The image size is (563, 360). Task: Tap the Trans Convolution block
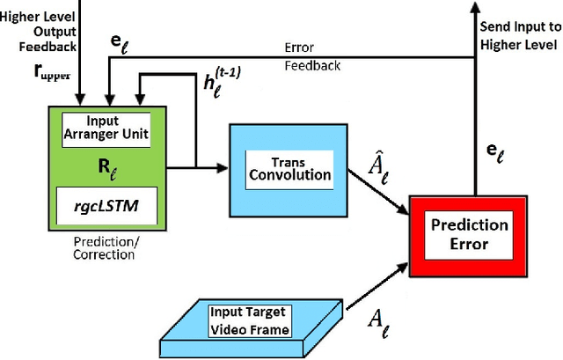click(x=278, y=166)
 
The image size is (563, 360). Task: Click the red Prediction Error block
click(x=469, y=232)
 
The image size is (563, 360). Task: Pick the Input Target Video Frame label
click(x=249, y=319)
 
